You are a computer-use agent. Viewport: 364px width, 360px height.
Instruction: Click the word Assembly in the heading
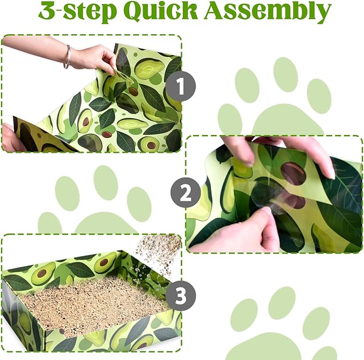click(268, 12)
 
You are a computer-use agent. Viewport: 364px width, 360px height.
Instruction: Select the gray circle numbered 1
click(181, 86)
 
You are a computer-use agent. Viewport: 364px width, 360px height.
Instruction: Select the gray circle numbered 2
click(185, 192)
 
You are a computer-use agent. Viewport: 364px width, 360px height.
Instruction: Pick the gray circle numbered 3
click(181, 296)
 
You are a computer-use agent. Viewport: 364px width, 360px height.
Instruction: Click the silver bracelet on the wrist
click(68, 57)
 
